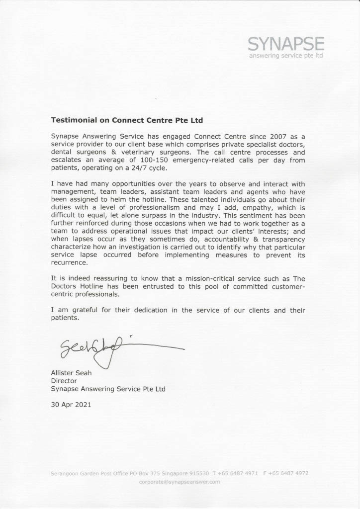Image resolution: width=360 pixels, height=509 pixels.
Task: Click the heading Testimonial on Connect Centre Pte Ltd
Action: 127,120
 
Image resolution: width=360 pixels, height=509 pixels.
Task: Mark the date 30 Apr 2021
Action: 71,405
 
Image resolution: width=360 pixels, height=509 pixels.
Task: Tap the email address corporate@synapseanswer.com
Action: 180,482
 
